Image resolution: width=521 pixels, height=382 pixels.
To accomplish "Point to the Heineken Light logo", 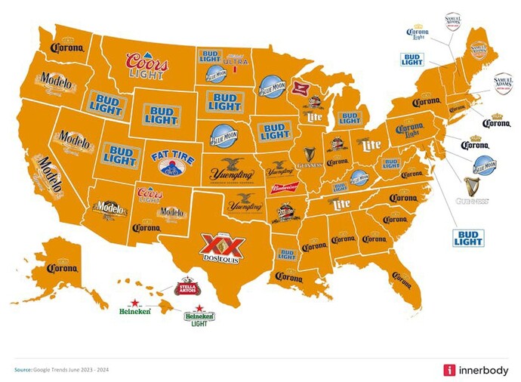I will [199, 316].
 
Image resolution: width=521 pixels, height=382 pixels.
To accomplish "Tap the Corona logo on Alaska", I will [62, 267].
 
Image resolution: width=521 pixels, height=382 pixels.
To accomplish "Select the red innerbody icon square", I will [449, 369].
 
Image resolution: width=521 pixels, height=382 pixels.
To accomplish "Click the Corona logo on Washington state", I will [66, 48].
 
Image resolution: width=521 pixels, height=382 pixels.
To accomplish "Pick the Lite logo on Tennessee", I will [341, 204].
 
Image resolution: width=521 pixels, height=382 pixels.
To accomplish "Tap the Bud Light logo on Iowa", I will [276, 131].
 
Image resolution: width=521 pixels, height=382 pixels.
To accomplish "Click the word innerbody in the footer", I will [483, 369].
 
